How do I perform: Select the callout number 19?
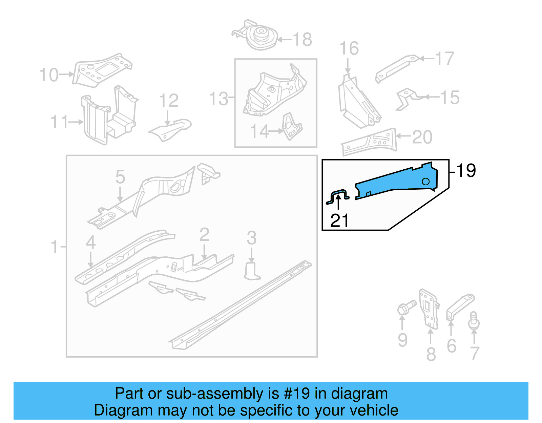(x=466, y=170)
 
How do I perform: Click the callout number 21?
(x=339, y=221)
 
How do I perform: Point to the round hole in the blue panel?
(x=425, y=182)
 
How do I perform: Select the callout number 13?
(x=218, y=99)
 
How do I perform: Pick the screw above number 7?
(x=474, y=320)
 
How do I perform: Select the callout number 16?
(x=349, y=48)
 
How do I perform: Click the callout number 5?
(x=120, y=177)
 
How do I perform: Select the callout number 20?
(x=422, y=137)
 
